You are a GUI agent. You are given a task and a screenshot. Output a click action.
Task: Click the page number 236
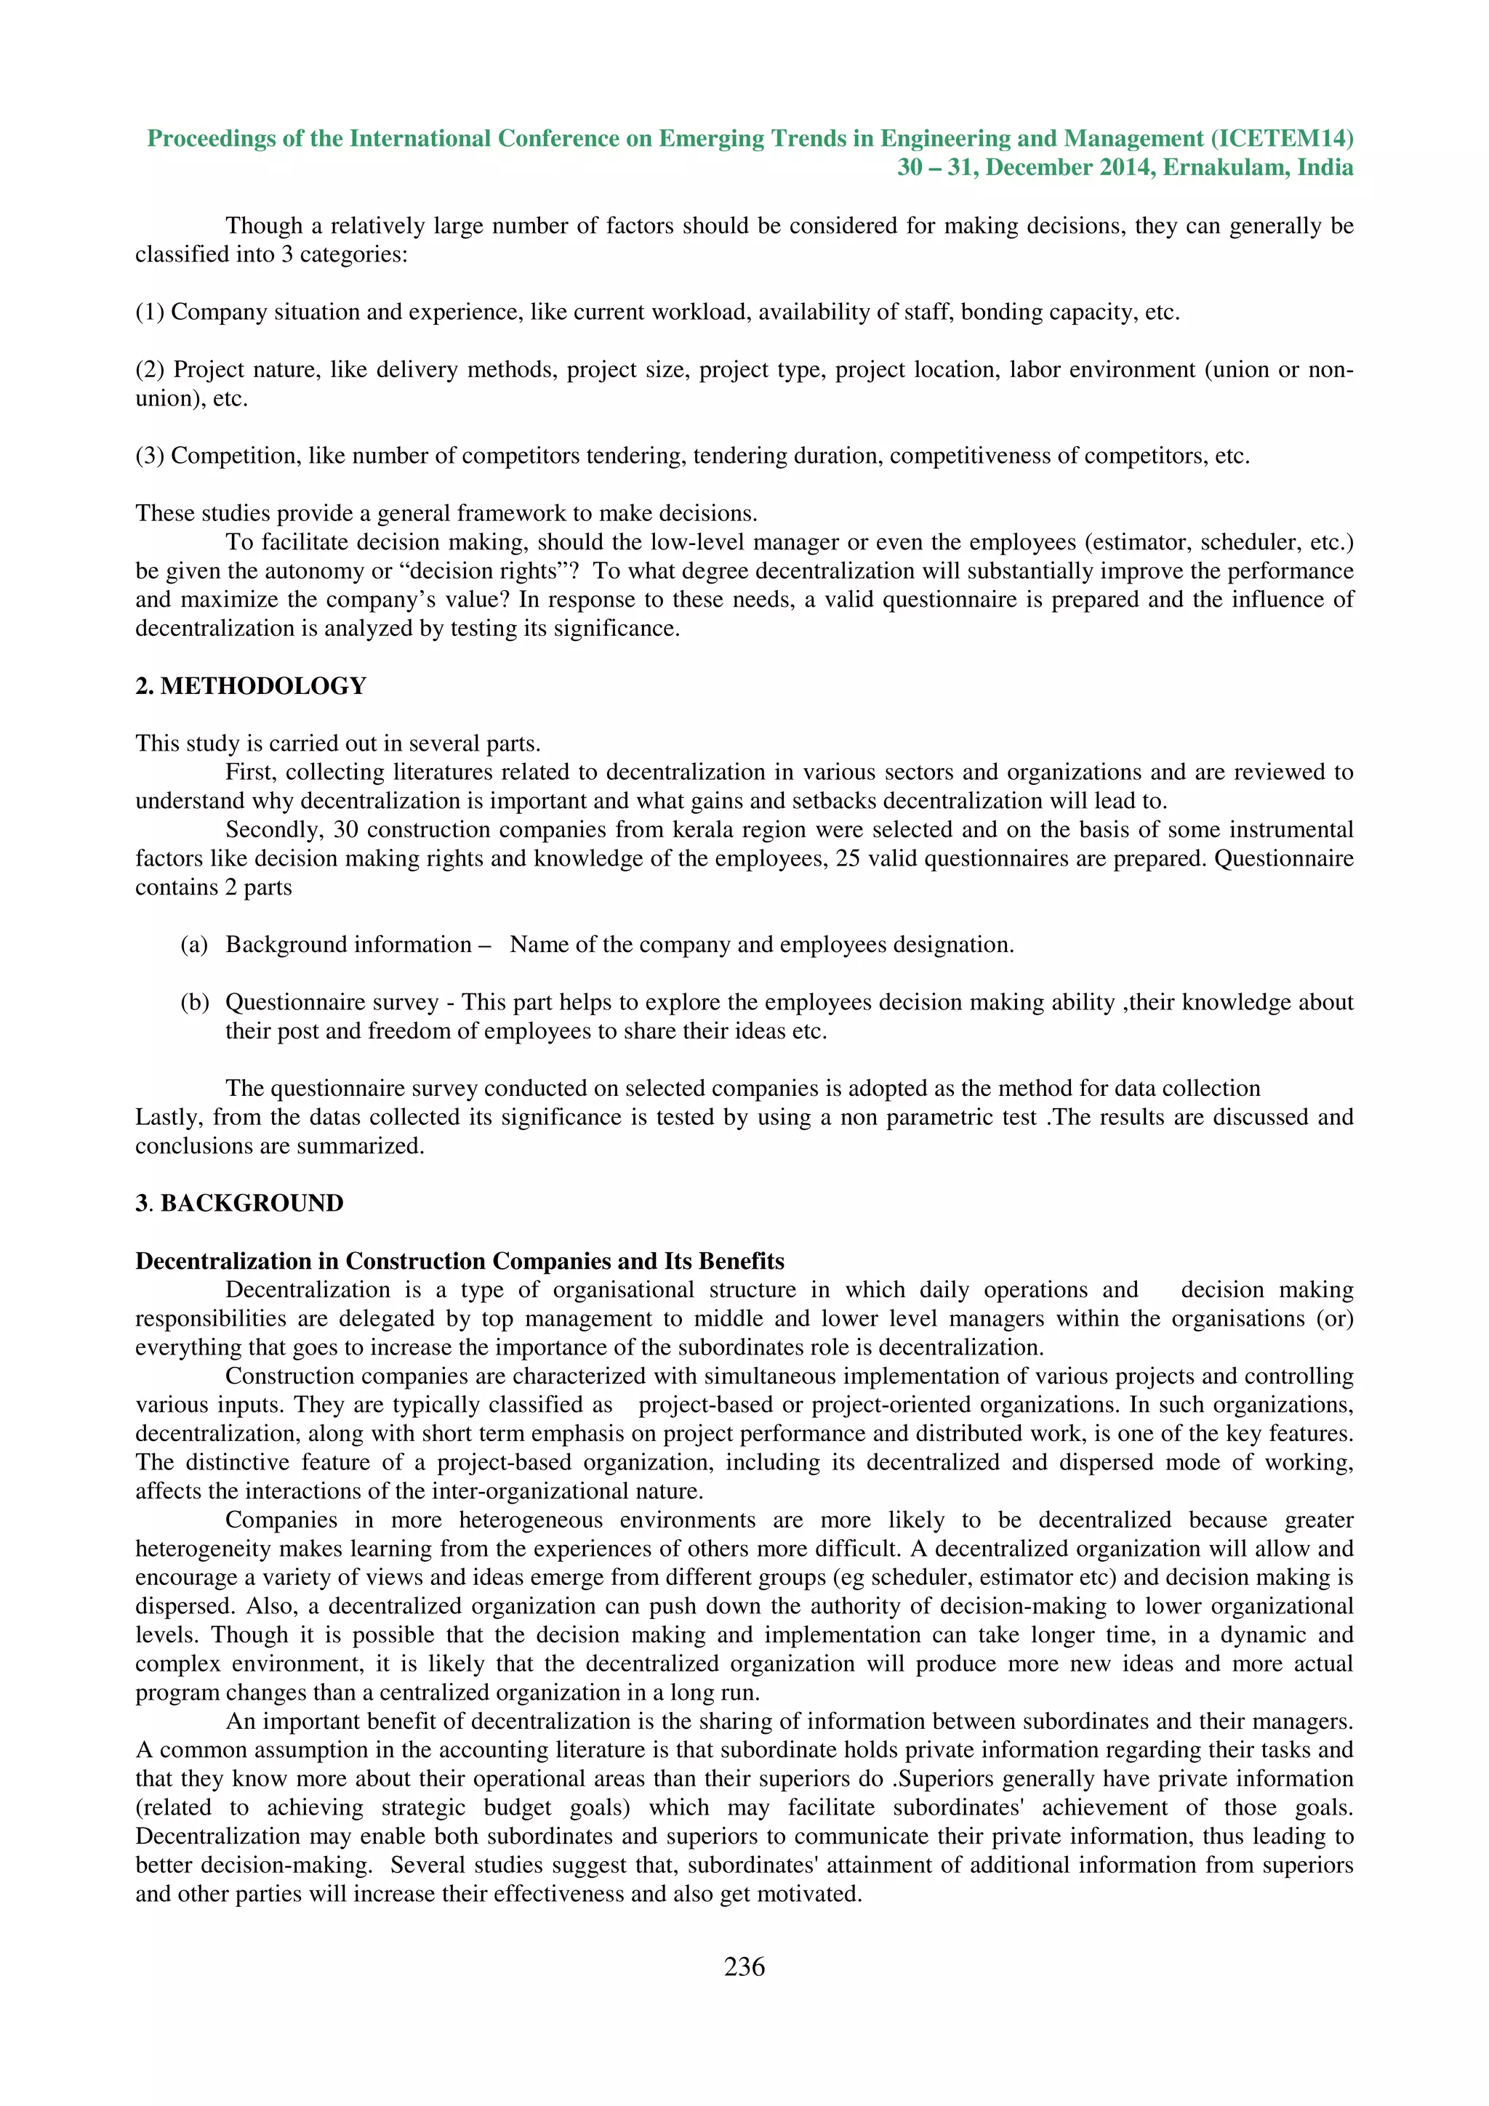(744, 1966)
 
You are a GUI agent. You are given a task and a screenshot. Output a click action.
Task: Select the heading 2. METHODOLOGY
(250, 686)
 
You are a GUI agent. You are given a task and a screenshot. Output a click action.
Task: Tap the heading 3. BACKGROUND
(239, 1203)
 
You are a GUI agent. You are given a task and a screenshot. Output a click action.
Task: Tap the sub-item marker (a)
(193, 945)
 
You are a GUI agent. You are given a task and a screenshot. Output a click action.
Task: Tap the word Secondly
(273, 830)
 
